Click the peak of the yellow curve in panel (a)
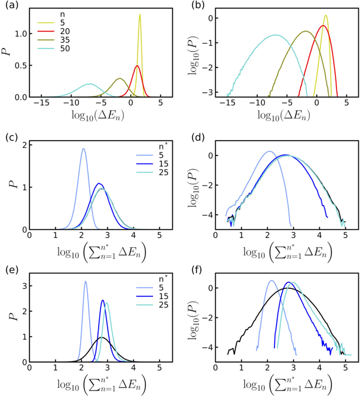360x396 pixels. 140,14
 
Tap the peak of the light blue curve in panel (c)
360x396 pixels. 83,148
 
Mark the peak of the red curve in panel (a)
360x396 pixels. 137,66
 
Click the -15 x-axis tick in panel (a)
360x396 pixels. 42,103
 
